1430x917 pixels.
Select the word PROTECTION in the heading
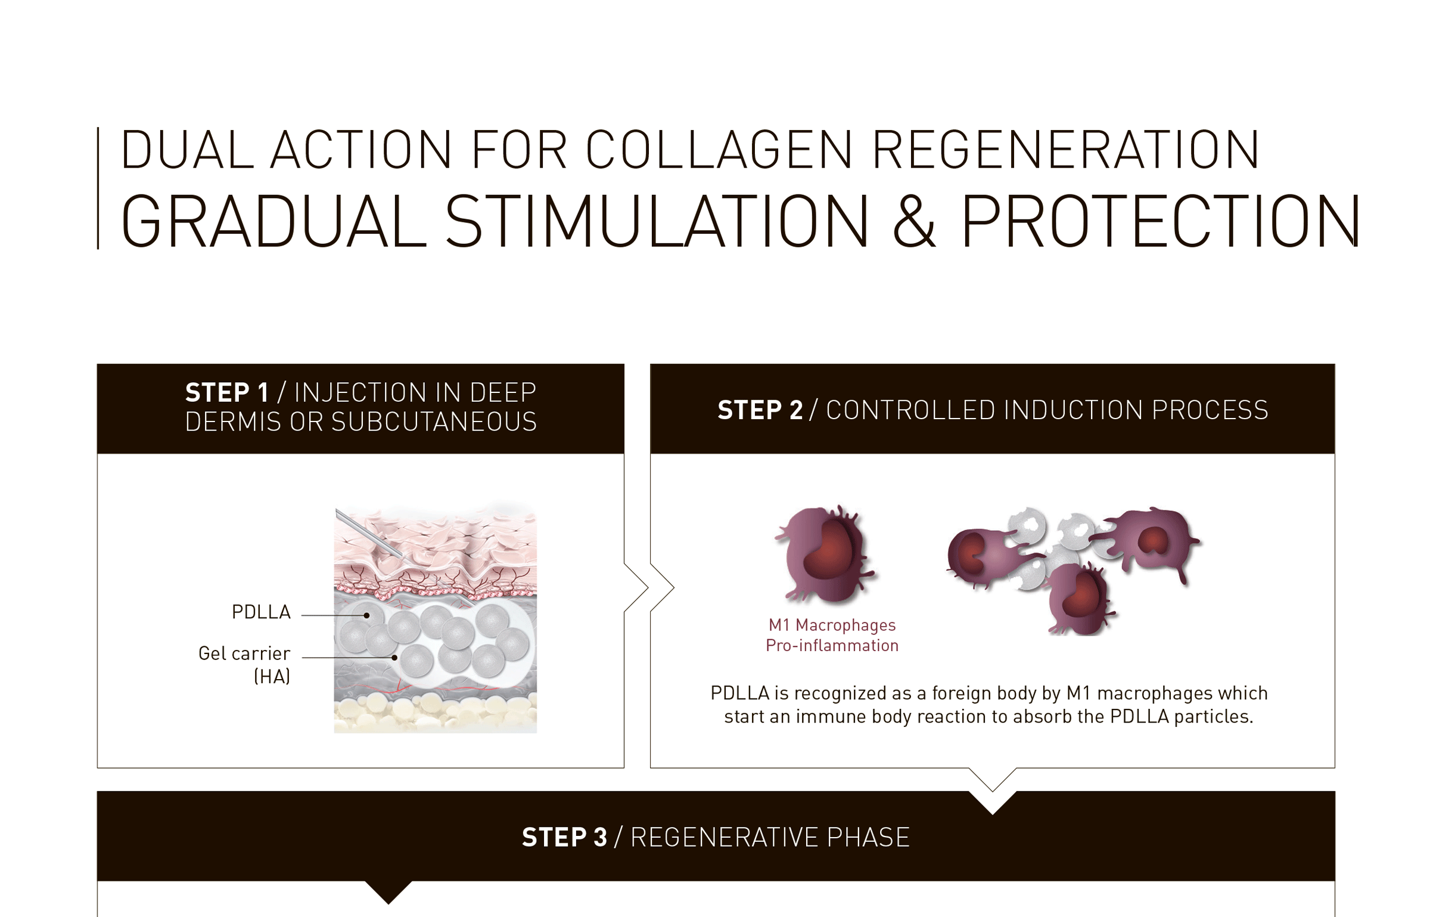coord(1160,221)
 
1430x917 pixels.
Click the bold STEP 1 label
coord(226,393)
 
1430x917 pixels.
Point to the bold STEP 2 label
coord(760,410)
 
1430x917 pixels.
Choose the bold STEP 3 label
coord(564,837)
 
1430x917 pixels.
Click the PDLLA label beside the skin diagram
coord(261,612)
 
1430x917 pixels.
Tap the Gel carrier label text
coord(244,653)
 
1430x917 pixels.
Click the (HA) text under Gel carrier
coord(272,677)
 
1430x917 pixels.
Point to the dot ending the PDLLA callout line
coord(367,615)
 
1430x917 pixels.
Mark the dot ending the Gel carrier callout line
coord(394,658)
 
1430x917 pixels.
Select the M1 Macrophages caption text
coord(832,625)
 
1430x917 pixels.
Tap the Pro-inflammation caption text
coord(832,645)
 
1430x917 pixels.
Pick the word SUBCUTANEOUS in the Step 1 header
coord(434,422)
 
